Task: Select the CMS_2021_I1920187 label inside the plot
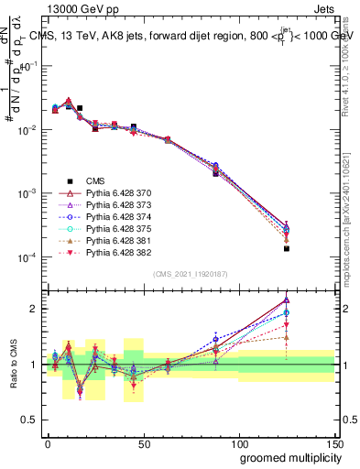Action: [191, 274]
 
